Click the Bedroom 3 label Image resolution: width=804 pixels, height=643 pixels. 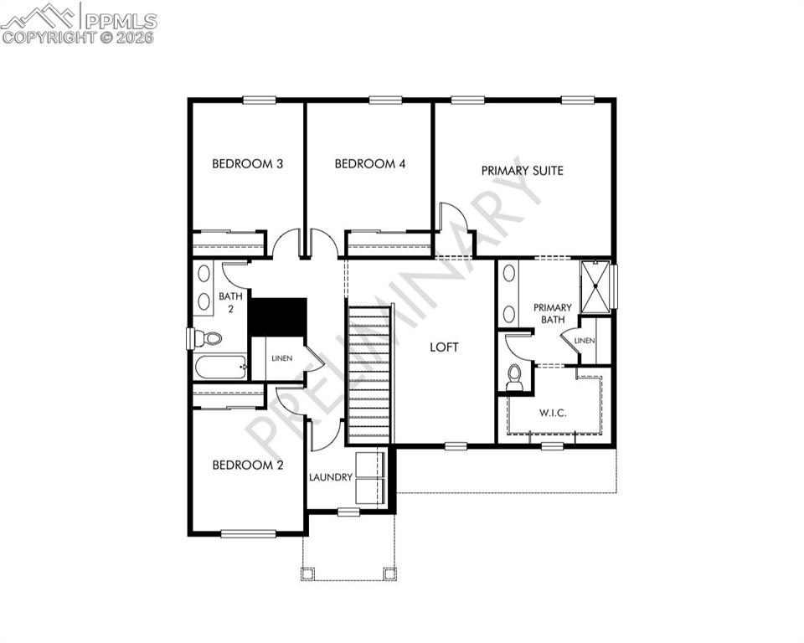point(246,164)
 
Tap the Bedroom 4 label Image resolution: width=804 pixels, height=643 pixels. point(369,164)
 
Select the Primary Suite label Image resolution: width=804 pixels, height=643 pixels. point(522,171)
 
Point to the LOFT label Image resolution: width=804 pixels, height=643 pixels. point(444,347)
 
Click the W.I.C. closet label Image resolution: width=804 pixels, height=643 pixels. point(552,412)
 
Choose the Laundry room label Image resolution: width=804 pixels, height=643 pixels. point(330,477)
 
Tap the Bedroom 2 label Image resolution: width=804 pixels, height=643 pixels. point(246,466)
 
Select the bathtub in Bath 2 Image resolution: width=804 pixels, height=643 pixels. point(219,367)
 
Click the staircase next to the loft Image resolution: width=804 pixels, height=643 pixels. point(369,374)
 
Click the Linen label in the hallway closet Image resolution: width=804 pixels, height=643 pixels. point(281,359)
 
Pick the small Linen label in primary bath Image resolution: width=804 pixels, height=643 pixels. point(585,341)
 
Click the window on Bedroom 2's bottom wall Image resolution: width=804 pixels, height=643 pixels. point(249,533)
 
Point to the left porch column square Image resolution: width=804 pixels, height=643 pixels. point(307,574)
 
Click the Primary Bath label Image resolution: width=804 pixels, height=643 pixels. point(552,313)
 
